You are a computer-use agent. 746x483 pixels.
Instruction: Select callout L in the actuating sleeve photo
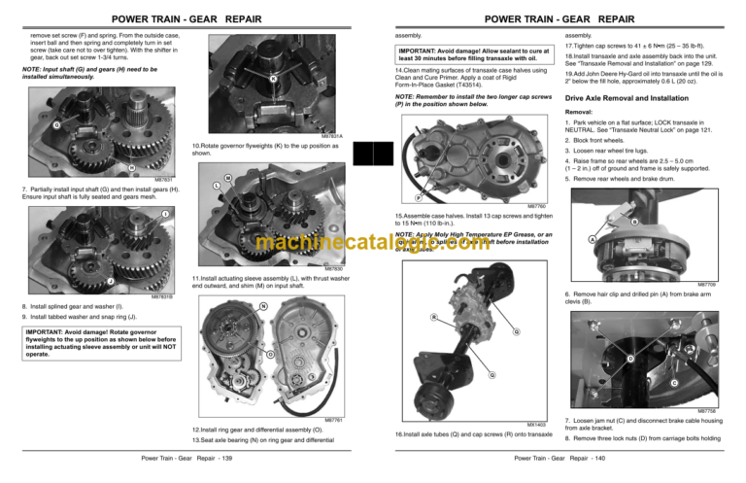[x=214, y=186]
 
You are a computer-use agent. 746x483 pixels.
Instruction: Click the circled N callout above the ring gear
[x=263, y=308]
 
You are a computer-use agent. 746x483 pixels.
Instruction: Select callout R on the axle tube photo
[x=433, y=315]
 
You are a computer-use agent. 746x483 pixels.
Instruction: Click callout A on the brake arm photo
[x=593, y=240]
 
